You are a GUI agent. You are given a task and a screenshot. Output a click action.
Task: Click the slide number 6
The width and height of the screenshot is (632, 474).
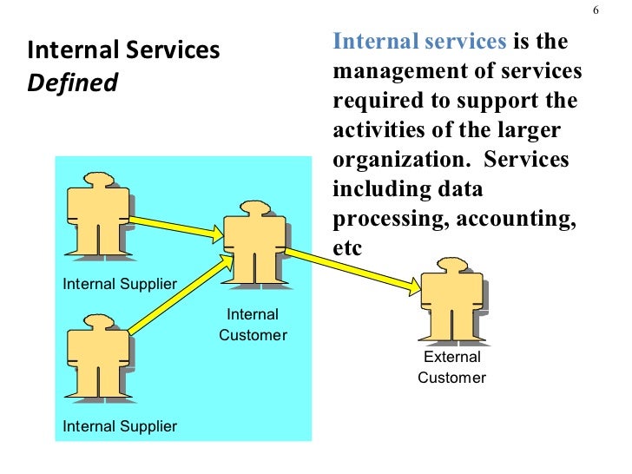596,10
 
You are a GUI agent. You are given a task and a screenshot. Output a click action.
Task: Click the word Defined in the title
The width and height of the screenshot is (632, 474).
73,84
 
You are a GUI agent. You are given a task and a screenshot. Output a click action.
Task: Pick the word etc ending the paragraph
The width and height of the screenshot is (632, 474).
346,248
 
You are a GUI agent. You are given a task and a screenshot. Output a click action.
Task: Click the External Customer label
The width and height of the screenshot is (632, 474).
451,367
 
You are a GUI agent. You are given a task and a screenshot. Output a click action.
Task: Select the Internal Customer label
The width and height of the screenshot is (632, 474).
253,325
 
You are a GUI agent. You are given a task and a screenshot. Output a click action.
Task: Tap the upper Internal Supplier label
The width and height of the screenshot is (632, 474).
120,284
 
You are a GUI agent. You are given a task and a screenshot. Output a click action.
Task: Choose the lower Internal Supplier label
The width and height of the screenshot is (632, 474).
120,425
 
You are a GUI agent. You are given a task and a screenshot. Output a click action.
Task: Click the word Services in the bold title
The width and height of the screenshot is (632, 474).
172,51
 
